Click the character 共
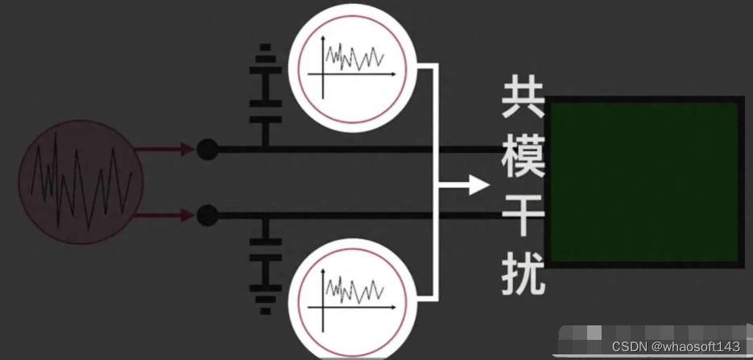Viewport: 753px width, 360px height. pos(523,101)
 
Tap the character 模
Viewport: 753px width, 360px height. pos(523,159)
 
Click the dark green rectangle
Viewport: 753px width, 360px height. pos(644,181)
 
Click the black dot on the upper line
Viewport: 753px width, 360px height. pos(207,149)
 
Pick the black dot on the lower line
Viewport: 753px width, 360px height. pos(207,215)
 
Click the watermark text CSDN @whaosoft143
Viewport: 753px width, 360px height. pos(676,346)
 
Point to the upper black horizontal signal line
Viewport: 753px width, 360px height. pos(362,149)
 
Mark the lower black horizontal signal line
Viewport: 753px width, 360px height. pos(362,215)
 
